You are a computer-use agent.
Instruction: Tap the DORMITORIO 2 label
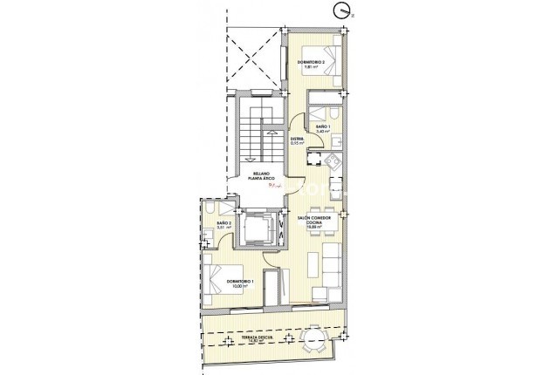click(311, 64)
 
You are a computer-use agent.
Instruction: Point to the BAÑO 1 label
click(323, 128)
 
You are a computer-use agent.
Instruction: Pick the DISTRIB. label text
click(297, 141)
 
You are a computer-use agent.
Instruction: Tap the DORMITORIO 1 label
click(238, 283)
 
